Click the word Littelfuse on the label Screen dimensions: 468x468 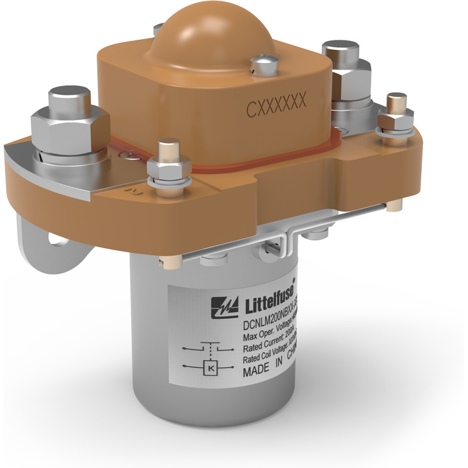268,303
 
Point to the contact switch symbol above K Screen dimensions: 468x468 209,347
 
